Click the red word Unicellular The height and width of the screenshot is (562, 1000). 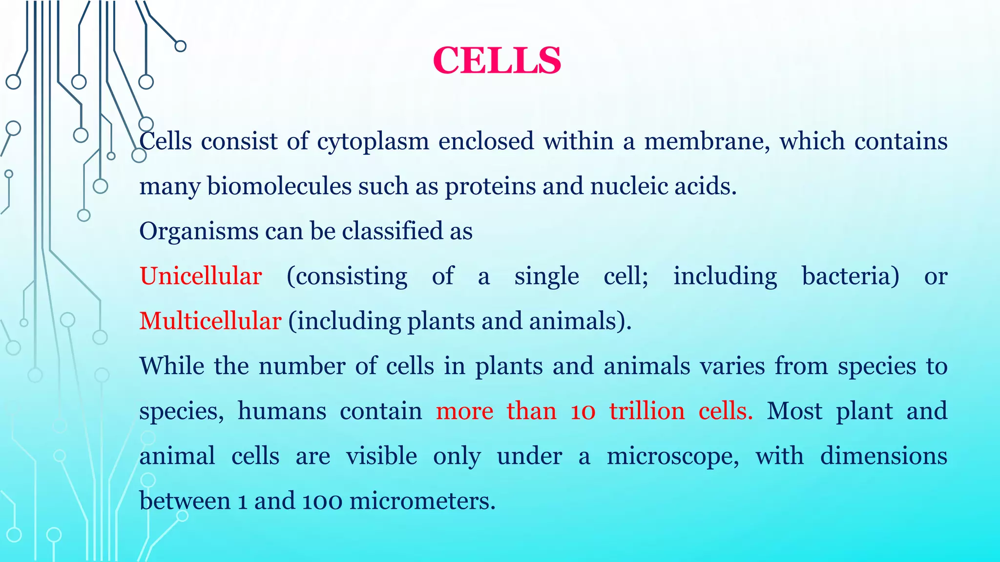[201, 276]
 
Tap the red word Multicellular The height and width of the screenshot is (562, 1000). [210, 321]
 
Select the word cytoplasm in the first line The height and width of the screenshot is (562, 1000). [373, 142]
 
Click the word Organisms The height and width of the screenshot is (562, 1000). [198, 232]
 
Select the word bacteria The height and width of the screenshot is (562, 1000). [850, 276]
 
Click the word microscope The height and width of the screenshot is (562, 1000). [673, 457]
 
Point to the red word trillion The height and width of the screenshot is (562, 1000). [647, 411]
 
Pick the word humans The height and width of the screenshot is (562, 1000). [282, 411]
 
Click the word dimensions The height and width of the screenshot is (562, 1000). [883, 456]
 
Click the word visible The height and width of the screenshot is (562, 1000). [381, 456]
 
